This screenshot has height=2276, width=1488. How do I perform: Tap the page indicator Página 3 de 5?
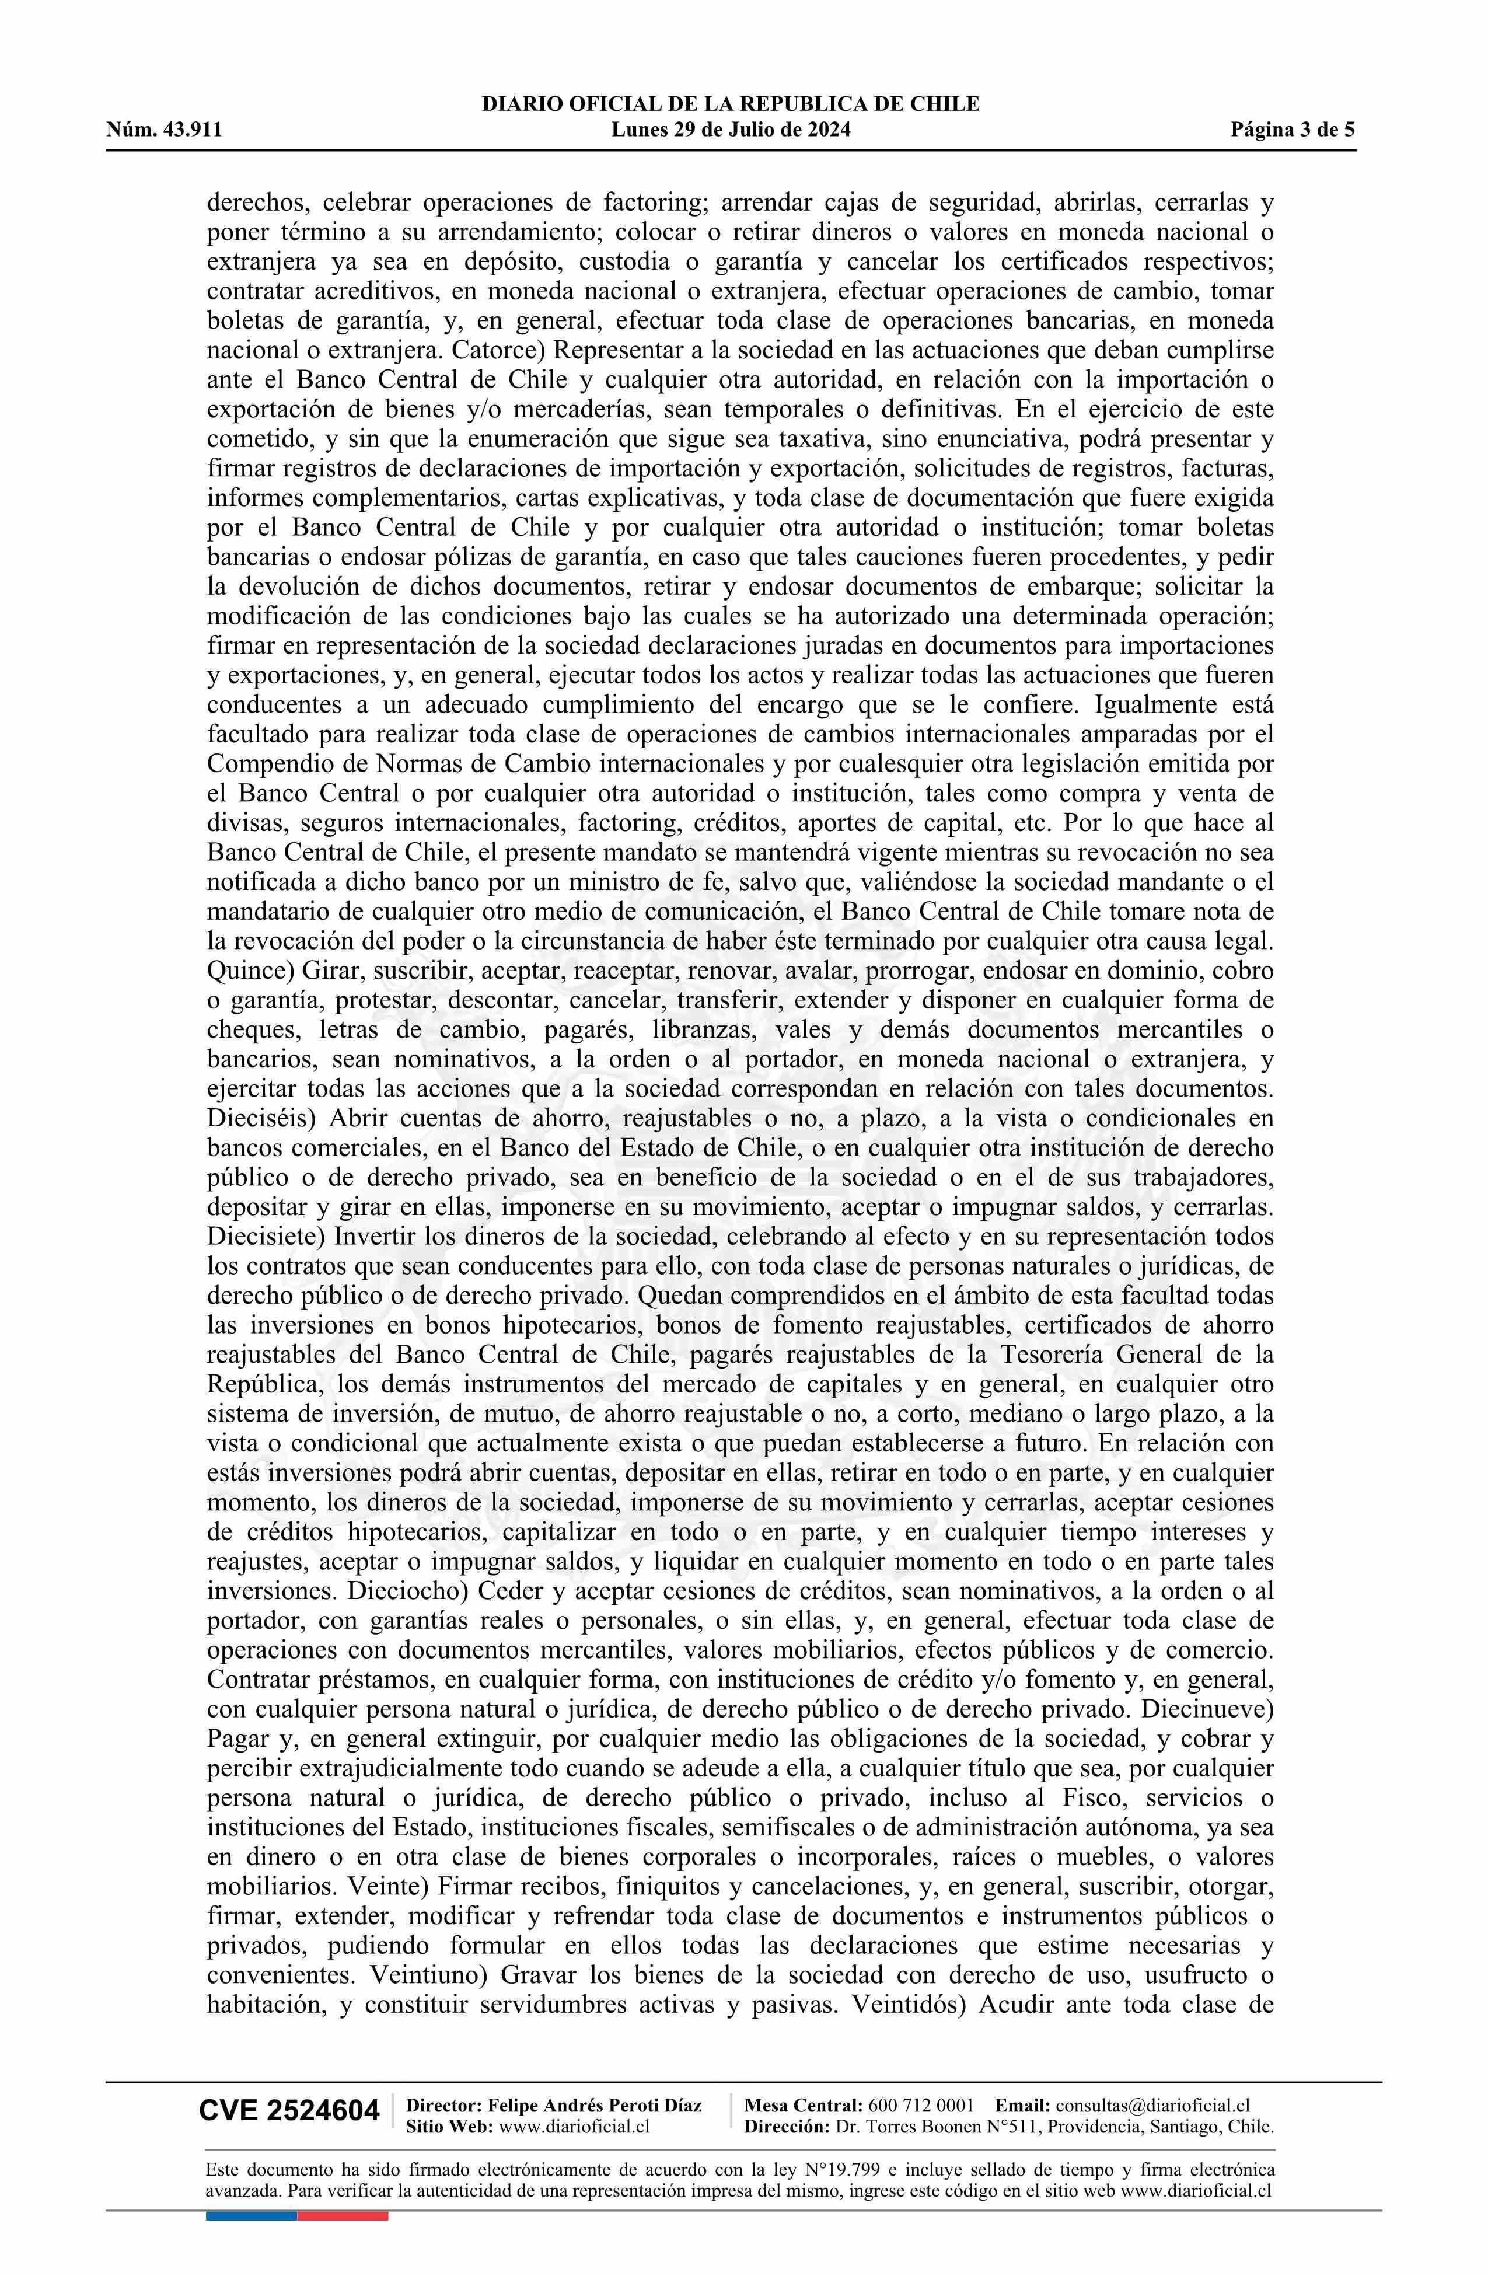point(1293,130)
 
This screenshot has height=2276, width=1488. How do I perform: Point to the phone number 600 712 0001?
point(921,2105)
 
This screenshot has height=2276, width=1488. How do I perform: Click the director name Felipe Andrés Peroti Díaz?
point(594,2105)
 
